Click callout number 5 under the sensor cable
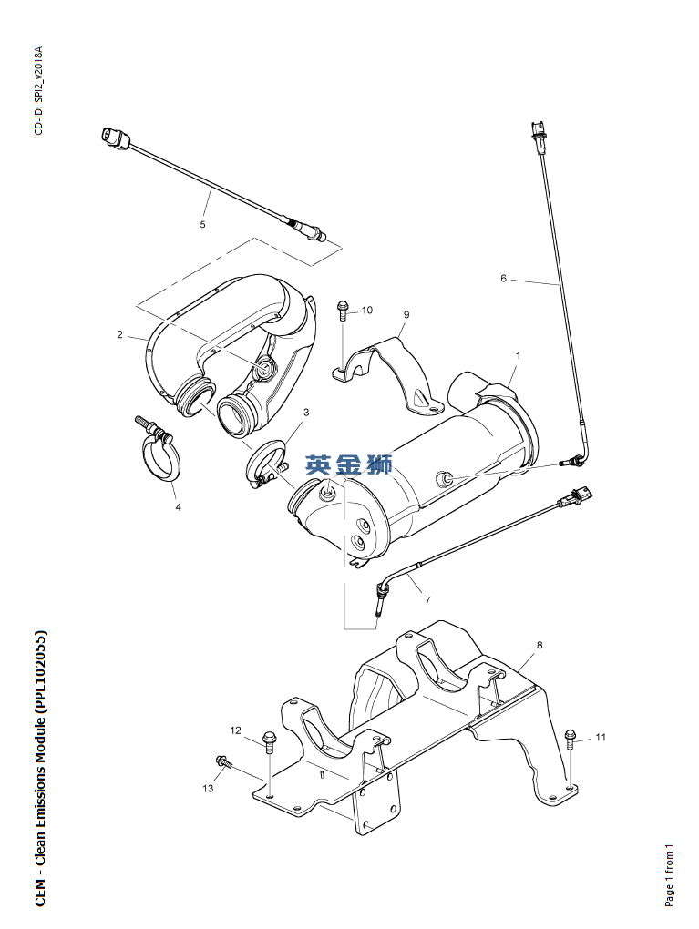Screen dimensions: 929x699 point(202,223)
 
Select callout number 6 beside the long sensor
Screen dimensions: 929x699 point(503,279)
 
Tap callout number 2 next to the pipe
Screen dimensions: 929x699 point(119,334)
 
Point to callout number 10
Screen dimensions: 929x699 point(367,310)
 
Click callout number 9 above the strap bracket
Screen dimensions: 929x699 point(406,315)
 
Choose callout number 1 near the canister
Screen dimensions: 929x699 point(518,354)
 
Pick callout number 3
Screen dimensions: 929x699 point(306,413)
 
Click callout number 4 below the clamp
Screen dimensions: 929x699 point(178,507)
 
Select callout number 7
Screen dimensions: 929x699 point(427,600)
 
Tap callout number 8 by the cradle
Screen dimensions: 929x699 point(540,645)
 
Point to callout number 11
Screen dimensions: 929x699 point(600,737)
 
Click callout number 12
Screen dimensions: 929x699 point(235,730)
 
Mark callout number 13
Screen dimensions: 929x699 point(208,788)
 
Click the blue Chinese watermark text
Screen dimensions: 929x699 point(349,464)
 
